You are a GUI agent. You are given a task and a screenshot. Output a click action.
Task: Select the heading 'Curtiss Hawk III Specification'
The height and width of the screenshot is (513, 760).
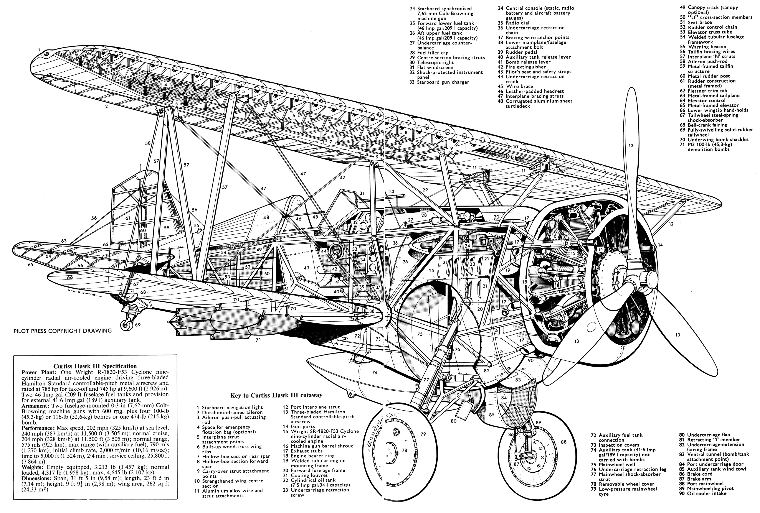coord(95,366)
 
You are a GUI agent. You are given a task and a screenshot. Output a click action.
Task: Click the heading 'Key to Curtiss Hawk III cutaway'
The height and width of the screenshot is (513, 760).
coord(276,395)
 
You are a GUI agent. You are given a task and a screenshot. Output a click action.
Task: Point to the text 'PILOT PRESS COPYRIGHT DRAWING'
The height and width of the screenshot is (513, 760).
coord(63,331)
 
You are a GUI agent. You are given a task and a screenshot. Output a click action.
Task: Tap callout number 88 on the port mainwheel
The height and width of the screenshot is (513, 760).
coord(563,442)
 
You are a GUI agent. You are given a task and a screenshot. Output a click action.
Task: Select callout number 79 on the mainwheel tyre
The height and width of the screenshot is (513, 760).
coord(423,434)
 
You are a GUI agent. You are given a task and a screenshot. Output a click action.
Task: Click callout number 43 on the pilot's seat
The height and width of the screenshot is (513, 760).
coord(306,268)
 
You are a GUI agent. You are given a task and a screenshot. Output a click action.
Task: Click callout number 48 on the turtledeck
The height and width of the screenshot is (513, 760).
coord(266,217)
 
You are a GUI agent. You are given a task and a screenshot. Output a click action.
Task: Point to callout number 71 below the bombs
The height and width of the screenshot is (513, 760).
coord(258,340)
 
